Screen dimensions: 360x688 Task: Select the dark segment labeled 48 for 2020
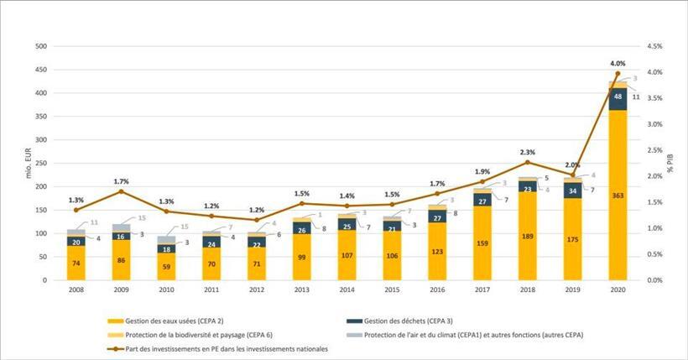pos(618,97)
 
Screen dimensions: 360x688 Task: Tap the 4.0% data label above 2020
pos(618,63)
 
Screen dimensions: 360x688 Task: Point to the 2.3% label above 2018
pos(527,152)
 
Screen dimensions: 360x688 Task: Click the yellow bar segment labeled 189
pos(527,237)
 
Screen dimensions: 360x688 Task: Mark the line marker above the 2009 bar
pos(122,191)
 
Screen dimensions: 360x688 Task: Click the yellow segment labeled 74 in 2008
pos(76,263)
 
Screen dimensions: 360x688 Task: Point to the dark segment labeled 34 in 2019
pos(572,190)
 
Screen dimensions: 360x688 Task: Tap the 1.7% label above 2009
pos(122,180)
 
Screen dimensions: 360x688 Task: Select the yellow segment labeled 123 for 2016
pos(436,252)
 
